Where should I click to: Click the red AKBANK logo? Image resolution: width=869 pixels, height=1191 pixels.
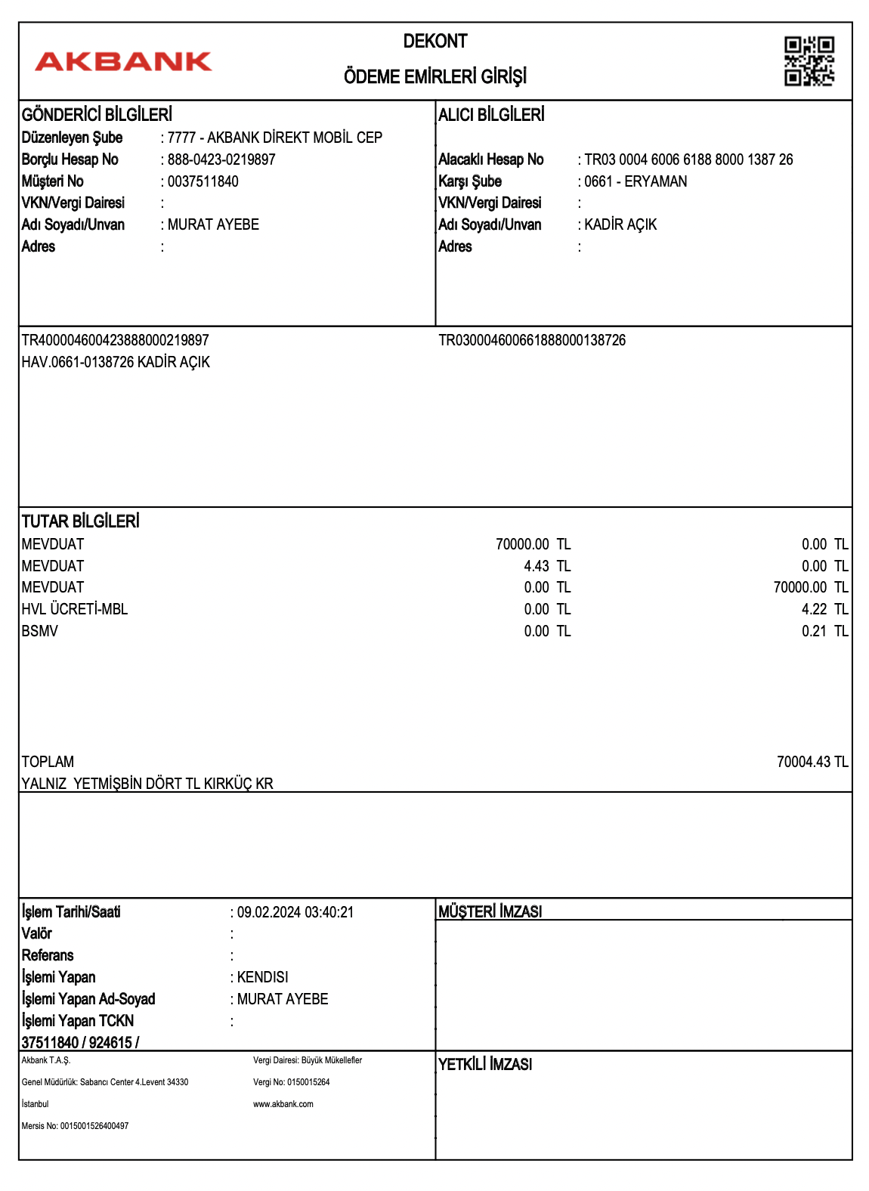123,61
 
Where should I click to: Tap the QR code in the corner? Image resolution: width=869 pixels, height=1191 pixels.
809,61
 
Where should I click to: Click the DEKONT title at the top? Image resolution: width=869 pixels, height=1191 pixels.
435,42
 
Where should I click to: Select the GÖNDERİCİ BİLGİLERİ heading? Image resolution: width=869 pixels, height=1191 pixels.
97,115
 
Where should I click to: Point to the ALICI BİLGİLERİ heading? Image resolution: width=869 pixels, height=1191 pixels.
491,115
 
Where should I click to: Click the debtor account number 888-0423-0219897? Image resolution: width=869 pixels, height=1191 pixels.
221,159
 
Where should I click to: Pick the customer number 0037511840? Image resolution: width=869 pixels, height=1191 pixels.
203,181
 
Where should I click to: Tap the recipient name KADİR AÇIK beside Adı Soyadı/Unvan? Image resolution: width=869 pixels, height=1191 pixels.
620,224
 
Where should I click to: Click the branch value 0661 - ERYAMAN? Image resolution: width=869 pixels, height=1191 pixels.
636,181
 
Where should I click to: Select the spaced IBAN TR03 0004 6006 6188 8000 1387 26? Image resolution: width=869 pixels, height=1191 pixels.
688,159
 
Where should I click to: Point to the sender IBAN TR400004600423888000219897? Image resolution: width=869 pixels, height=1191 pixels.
115,340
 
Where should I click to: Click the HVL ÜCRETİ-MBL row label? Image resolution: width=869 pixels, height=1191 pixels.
75,609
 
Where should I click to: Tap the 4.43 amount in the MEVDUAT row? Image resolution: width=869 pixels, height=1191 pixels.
537,566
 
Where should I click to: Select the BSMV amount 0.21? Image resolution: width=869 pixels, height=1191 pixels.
814,631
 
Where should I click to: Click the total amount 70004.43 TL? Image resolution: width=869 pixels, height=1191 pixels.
812,762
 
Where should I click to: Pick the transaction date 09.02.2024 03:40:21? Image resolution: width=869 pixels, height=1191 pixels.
295,912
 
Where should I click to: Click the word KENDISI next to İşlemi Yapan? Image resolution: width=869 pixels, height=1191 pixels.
262,977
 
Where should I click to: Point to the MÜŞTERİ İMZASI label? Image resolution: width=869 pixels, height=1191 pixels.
490,912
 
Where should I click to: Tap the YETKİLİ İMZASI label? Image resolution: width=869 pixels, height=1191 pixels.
485,1064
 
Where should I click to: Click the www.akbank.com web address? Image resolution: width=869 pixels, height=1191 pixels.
283,1104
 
